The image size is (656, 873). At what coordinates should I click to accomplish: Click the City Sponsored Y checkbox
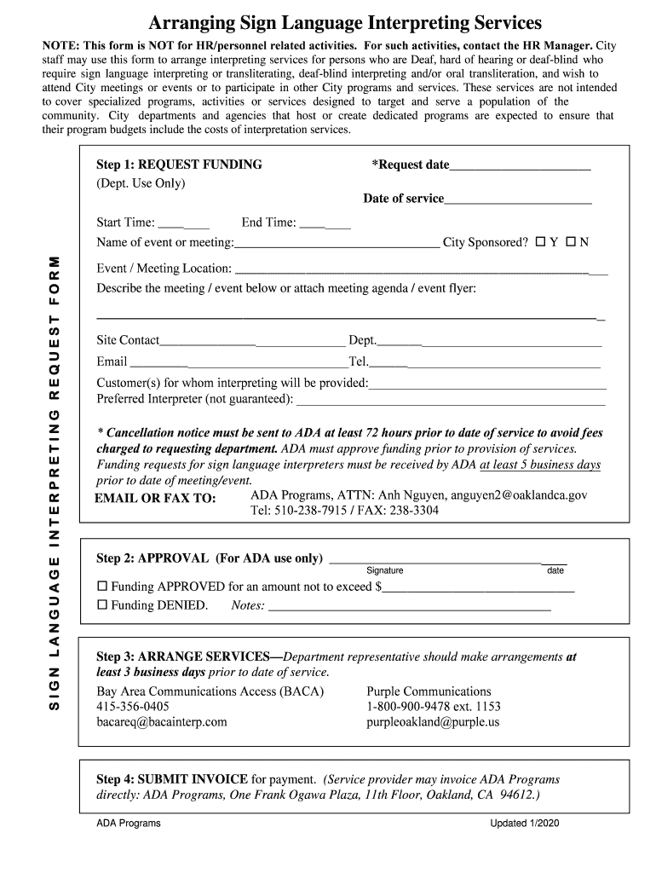pos(541,242)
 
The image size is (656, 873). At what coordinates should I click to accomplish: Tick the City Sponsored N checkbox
pos(571,242)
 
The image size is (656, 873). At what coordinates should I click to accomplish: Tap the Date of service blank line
pos(518,201)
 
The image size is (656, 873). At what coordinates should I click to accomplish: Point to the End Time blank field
pos(325,225)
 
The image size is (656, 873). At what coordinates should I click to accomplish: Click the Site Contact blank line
pos(252,343)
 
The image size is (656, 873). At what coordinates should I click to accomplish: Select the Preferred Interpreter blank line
pos(450,401)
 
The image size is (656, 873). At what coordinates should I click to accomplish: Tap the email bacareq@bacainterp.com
pos(162,722)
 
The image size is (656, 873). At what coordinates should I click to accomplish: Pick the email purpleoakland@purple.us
pos(433,722)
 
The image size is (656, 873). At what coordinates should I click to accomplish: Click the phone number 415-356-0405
pos(133,707)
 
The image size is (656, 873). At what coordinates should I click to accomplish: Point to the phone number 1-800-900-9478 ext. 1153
pos(434,707)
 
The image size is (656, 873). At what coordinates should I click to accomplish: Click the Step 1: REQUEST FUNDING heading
pos(179,165)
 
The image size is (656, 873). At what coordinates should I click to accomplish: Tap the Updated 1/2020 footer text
pos(524,824)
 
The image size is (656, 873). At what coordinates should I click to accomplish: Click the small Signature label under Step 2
pos(385,571)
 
